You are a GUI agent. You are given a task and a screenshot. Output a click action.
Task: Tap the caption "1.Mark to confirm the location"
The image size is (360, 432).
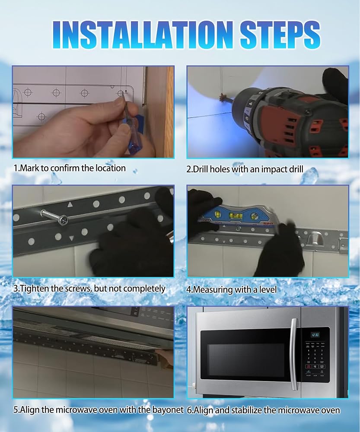click(70, 168)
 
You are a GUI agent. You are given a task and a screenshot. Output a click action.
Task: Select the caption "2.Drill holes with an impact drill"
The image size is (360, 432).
click(245, 169)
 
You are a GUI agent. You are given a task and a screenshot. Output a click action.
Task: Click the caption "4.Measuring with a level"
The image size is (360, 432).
click(232, 289)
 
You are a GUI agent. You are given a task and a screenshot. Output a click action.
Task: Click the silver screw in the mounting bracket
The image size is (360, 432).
click(55, 217)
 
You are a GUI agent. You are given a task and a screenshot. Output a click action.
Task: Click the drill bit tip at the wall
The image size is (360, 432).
click(223, 98)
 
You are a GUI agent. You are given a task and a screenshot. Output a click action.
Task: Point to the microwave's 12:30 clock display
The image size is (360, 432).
click(315, 335)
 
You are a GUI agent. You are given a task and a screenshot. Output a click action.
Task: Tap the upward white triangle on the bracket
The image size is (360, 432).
click(70, 204)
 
